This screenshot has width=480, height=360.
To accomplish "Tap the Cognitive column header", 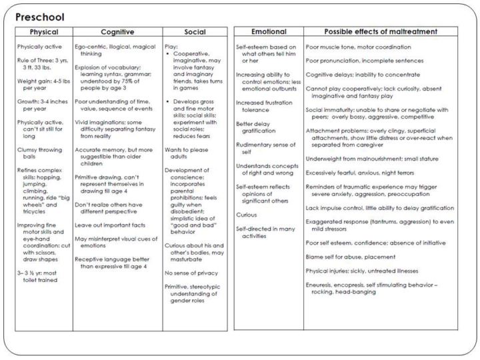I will (x=117, y=31).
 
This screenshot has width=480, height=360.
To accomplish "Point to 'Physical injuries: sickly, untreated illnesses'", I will (x=371, y=271).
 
